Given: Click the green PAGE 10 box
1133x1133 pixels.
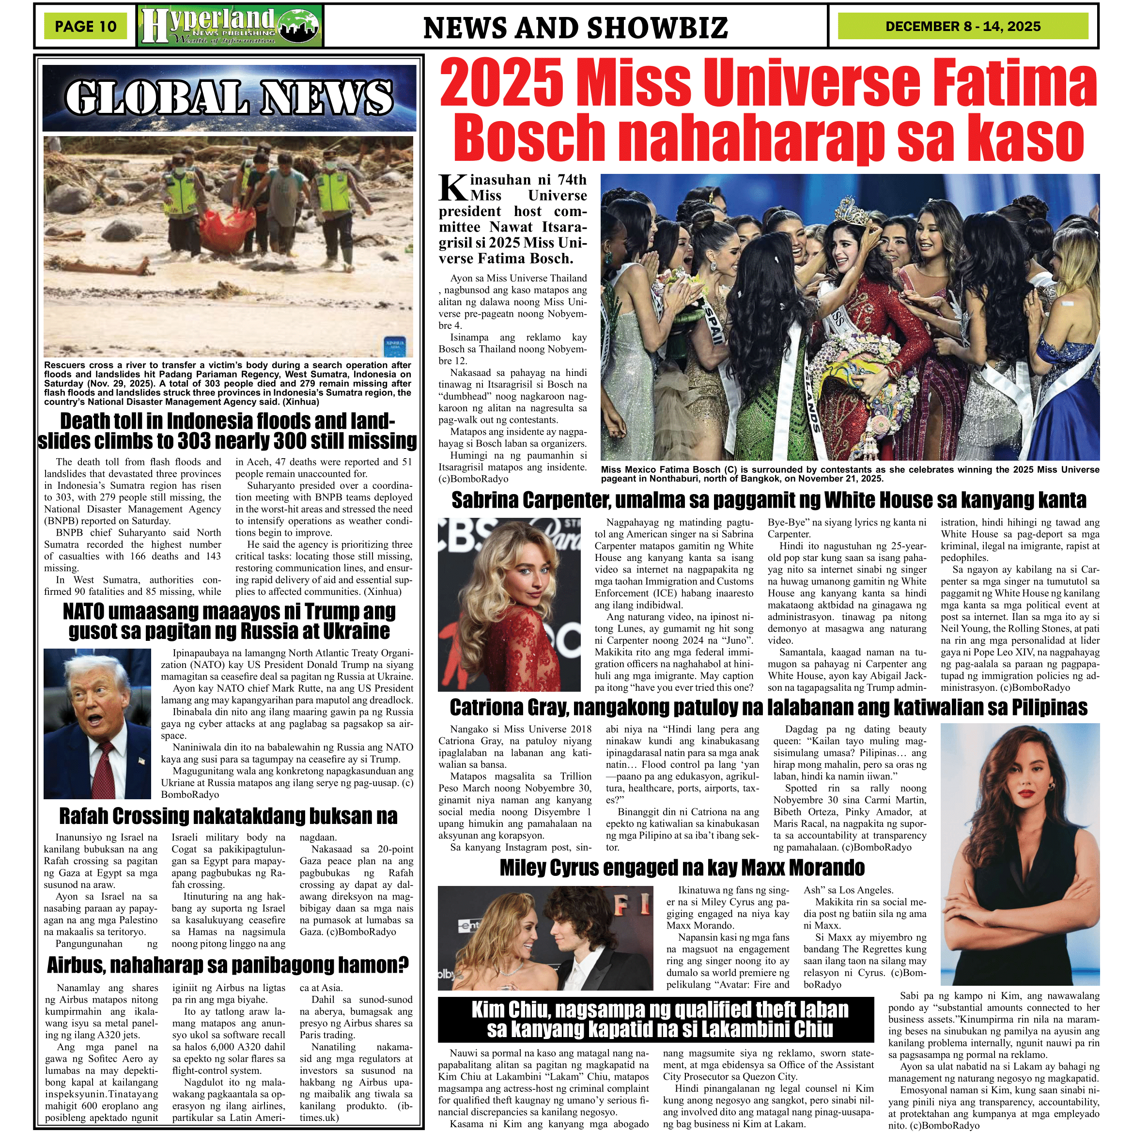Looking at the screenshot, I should [86, 26].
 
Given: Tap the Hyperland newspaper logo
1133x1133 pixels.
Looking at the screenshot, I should [231, 26].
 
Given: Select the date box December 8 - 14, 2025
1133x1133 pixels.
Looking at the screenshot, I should [963, 26].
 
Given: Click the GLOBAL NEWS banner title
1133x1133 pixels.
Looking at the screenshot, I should [229, 97].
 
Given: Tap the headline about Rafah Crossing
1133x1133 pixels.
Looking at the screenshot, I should [228, 816].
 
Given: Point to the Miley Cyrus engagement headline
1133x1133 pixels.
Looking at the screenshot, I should [682, 868].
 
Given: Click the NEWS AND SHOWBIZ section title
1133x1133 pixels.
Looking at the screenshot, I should [575, 28].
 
